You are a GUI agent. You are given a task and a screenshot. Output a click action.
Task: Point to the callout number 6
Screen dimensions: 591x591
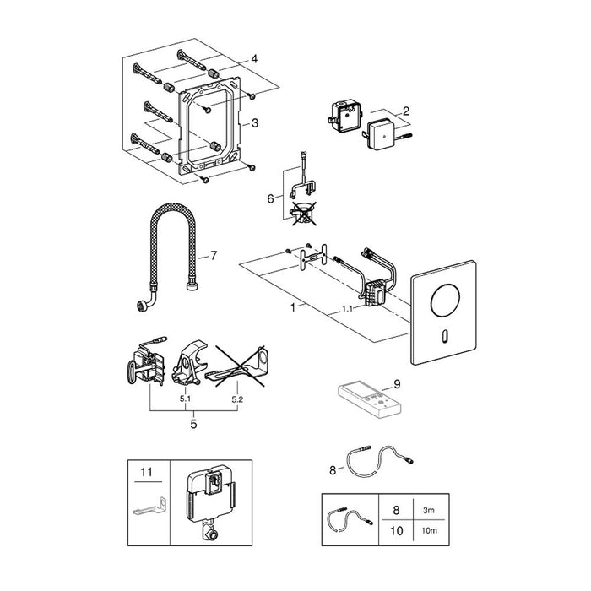coord(270,198)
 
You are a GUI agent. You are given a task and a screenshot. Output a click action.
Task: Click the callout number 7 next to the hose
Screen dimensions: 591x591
coord(214,255)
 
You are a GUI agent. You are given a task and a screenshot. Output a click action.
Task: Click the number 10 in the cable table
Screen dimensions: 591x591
coord(397,531)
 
